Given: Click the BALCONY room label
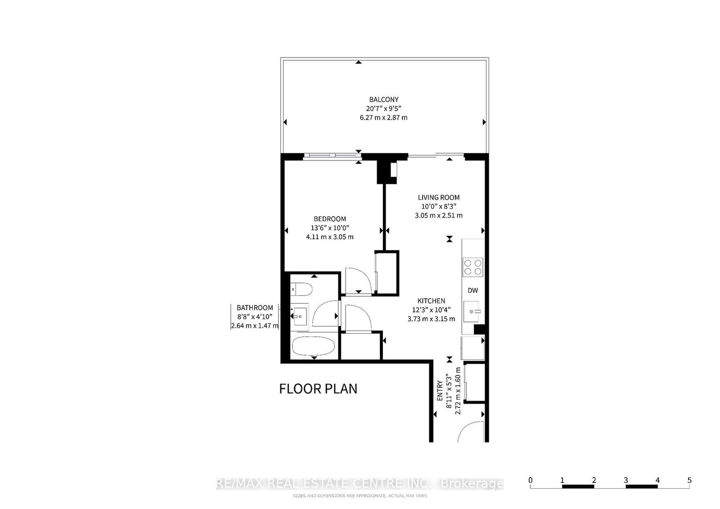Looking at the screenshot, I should (x=383, y=99).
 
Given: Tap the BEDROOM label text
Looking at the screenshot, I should (x=330, y=219).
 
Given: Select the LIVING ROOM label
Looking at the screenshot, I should (x=439, y=197).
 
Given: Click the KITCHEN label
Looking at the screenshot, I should (x=431, y=301).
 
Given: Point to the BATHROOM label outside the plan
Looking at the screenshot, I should (x=255, y=308).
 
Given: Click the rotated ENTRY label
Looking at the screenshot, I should (x=440, y=391).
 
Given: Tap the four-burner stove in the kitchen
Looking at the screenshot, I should (x=473, y=266).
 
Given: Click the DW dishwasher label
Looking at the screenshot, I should (x=472, y=290).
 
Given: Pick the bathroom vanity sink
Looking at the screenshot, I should (x=300, y=316).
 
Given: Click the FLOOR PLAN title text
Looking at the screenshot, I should (x=318, y=388).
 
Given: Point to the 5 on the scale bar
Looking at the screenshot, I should (x=689, y=480).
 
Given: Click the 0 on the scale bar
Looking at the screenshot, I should (x=531, y=480).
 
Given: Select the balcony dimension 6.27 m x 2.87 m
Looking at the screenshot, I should (x=383, y=117).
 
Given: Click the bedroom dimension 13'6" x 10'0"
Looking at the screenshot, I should (x=330, y=228).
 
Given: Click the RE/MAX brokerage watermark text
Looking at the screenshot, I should (x=360, y=484).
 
